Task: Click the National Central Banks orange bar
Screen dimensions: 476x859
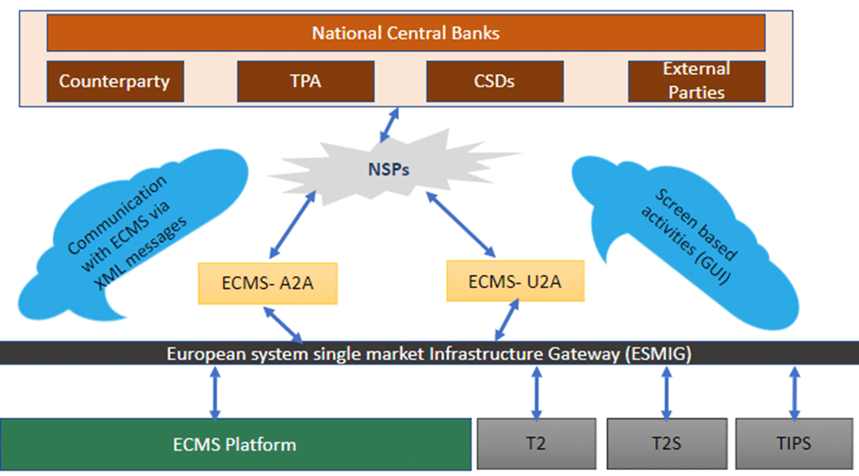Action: click(x=405, y=33)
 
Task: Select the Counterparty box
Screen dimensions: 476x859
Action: click(x=115, y=82)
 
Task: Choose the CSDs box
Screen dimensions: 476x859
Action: click(x=493, y=82)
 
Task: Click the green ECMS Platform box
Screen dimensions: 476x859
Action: click(x=235, y=444)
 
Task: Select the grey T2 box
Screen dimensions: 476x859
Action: click(x=534, y=444)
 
